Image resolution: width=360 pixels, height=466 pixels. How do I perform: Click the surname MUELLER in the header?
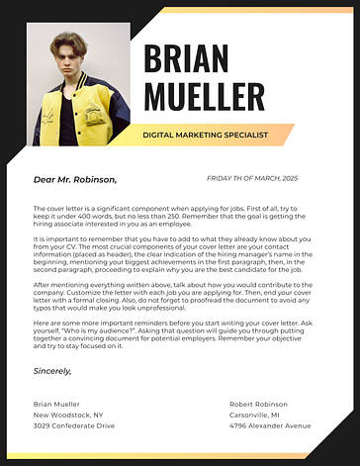(204, 96)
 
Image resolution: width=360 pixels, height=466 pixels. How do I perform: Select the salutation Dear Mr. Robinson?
(75, 180)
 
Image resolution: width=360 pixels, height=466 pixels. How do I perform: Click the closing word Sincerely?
(52, 370)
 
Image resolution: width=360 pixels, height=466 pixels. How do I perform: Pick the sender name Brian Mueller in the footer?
(56, 405)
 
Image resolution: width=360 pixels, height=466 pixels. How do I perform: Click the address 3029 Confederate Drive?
(74, 425)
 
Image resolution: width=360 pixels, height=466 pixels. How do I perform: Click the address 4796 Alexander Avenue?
(270, 425)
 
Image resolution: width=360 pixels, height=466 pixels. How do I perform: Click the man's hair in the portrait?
(69, 42)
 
